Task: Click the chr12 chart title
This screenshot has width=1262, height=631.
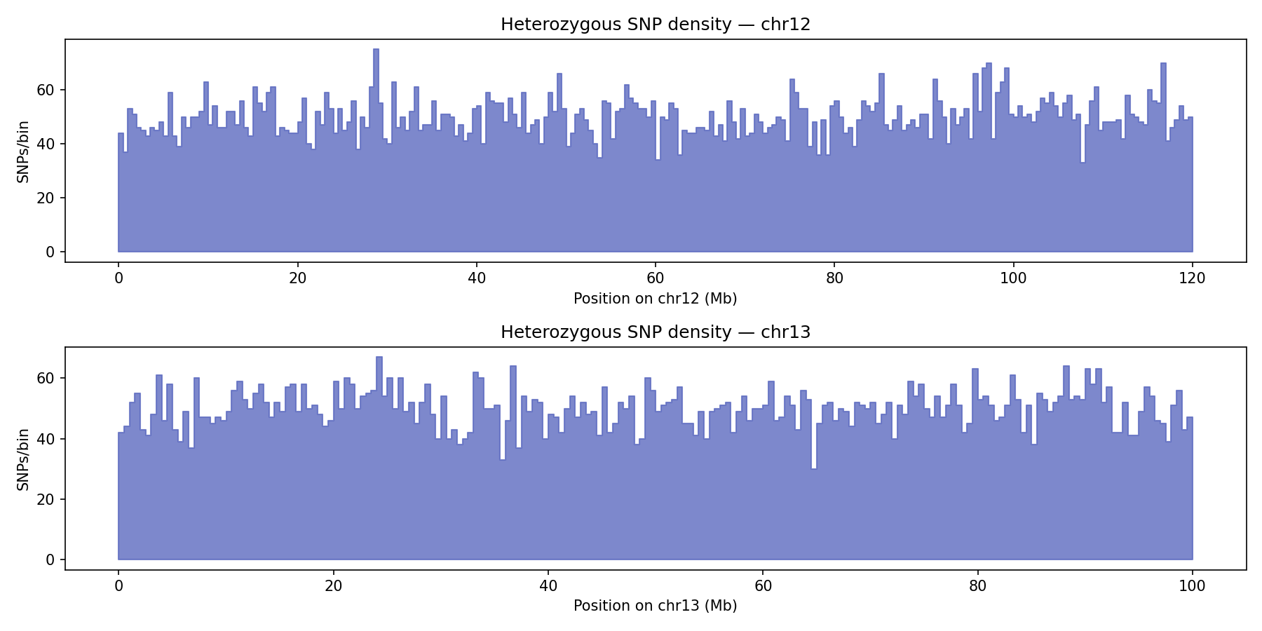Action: tap(655, 25)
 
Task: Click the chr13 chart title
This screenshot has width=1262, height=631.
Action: tap(655, 332)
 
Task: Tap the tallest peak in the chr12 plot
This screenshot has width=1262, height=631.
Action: tap(376, 50)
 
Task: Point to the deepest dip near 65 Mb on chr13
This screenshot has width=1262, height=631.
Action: tap(814, 469)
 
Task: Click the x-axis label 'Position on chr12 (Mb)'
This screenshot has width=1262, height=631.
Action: tap(655, 299)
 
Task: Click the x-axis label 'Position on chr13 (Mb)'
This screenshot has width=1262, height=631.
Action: tap(655, 606)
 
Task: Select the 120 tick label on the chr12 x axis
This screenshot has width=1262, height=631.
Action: tap(1192, 278)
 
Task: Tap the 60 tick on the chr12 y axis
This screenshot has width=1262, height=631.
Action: tap(50, 90)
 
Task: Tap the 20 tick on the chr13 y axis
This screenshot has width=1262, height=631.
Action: tap(50, 499)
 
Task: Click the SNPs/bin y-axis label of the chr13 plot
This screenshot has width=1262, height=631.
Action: tap(23, 459)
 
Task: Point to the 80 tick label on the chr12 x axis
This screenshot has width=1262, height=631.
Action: tap(834, 278)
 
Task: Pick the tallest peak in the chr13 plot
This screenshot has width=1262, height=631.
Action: tap(379, 358)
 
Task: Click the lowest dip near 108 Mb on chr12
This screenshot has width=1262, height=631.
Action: tap(1083, 163)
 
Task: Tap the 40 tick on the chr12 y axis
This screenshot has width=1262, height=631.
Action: tap(50, 144)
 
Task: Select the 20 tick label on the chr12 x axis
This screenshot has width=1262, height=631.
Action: tap(297, 278)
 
